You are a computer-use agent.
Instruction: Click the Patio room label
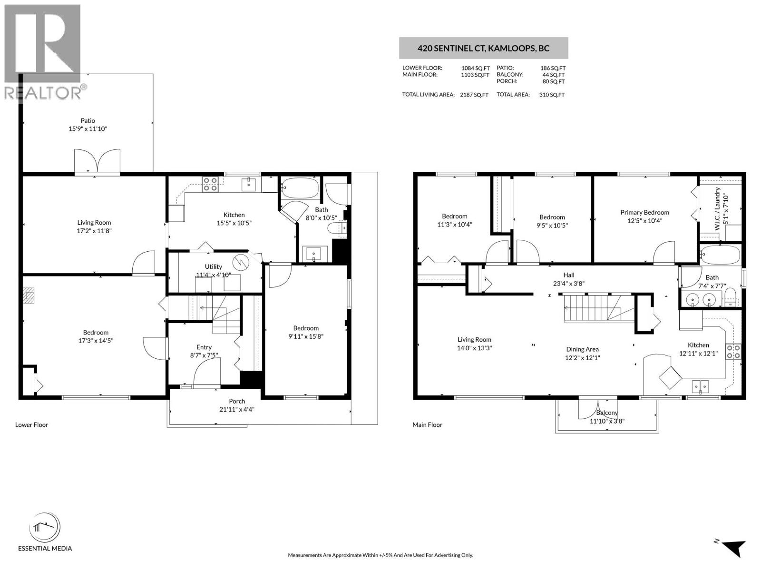coord(88,121)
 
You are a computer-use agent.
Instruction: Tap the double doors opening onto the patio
coord(97,161)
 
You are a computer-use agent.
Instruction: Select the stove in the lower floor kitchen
coord(210,184)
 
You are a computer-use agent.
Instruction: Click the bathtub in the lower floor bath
coord(300,188)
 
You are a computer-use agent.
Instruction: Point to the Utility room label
coord(214,266)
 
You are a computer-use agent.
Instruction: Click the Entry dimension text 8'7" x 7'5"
coord(204,355)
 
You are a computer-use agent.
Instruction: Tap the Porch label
coord(236,401)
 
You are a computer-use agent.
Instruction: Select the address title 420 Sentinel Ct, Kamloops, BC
coord(483,48)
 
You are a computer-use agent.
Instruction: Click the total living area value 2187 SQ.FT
coord(474,95)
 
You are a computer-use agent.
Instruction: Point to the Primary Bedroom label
coord(644,212)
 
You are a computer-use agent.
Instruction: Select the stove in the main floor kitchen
coord(732,351)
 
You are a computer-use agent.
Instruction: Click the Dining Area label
coord(582,349)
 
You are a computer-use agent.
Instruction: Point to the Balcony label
coord(606,413)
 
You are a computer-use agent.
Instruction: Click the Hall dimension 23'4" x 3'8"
coord(569,283)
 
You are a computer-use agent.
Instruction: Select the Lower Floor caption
coord(31,425)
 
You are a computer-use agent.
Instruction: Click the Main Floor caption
coord(427,425)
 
